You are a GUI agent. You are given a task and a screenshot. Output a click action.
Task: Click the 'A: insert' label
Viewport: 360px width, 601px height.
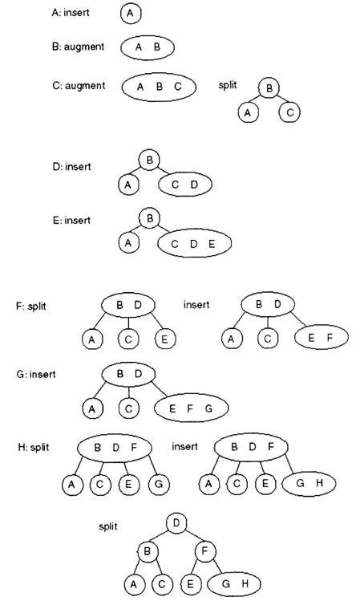tap(71, 13)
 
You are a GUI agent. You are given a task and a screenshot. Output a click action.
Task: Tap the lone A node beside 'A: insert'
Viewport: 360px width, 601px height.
tap(131, 14)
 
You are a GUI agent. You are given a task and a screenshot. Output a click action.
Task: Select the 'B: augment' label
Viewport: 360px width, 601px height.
tap(78, 47)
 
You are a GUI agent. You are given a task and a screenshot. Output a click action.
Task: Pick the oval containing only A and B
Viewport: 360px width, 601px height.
tap(148, 48)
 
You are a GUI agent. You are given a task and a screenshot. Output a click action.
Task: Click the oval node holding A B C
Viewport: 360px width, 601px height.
tap(159, 87)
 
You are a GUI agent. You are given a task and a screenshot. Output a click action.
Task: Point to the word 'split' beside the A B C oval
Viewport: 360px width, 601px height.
tap(228, 85)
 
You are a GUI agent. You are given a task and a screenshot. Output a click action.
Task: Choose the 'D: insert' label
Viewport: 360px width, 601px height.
tap(72, 167)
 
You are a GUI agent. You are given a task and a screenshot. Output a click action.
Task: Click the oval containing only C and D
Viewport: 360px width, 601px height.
tap(185, 185)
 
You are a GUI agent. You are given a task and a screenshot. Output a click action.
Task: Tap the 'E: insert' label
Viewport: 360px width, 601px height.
tap(72, 221)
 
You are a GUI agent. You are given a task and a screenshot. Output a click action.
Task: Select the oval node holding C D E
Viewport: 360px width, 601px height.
tap(194, 243)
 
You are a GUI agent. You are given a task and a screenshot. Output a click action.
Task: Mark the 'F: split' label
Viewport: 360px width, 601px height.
tap(31, 307)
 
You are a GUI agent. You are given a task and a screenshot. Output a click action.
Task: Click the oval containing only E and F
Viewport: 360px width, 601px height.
tap(322, 337)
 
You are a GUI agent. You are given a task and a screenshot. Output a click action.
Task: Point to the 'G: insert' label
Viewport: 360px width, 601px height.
tap(36, 374)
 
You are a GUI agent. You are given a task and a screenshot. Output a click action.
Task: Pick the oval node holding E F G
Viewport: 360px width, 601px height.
tap(191, 408)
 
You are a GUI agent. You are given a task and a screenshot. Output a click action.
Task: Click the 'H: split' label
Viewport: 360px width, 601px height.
tap(34, 447)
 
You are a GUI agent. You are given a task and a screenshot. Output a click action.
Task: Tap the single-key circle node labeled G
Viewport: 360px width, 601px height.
tap(159, 484)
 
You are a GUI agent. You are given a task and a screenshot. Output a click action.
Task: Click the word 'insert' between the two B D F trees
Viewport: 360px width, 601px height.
tap(184, 446)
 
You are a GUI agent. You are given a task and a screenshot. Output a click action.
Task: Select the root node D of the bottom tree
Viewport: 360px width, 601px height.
tap(177, 524)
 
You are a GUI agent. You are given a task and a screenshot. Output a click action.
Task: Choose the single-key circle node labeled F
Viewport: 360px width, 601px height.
tap(205, 551)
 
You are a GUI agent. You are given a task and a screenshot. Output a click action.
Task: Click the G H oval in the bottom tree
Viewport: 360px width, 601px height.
tap(233, 584)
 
